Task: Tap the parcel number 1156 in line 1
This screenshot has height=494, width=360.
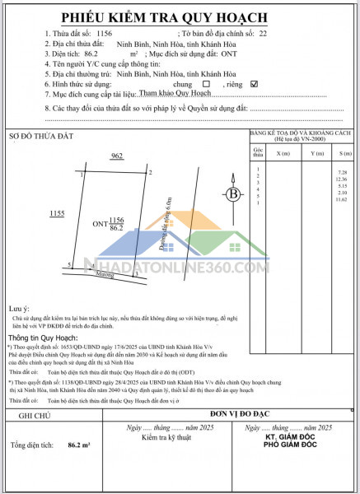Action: click(x=104, y=34)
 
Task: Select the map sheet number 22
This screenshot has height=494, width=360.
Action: click(x=263, y=34)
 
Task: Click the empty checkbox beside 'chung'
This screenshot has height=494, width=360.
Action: click(x=206, y=83)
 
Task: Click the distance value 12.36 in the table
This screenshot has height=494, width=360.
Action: click(x=343, y=179)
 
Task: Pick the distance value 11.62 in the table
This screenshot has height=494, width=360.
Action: click(x=343, y=200)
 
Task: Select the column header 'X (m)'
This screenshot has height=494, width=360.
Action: click(x=283, y=154)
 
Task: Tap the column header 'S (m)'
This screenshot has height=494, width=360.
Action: click(x=342, y=154)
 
